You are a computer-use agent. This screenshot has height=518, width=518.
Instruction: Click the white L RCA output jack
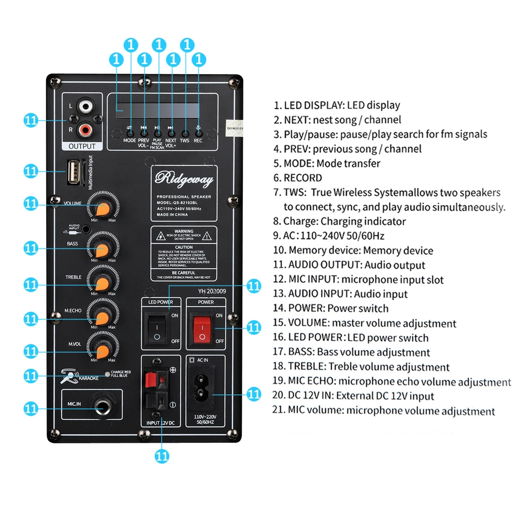[85, 108]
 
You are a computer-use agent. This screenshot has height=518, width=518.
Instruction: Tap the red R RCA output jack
[85, 127]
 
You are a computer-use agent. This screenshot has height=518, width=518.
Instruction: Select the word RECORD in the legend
[303, 178]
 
